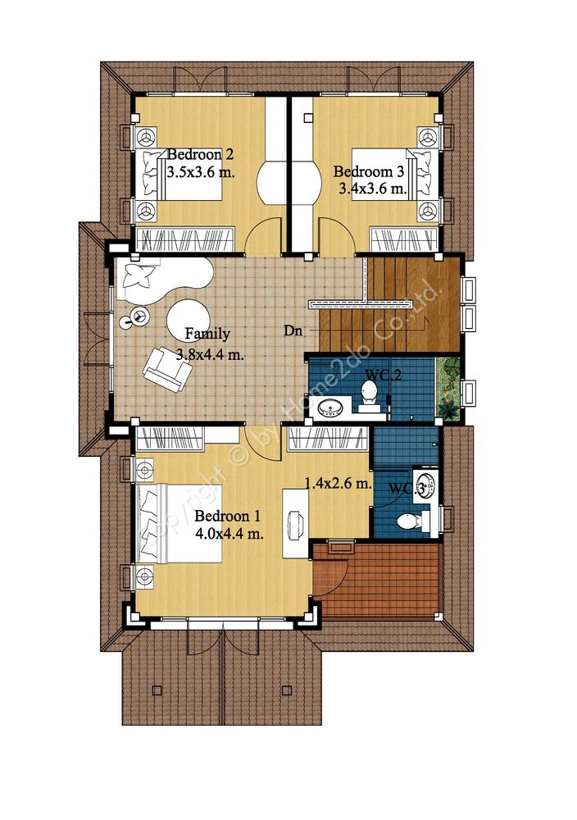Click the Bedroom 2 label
click(x=200, y=155)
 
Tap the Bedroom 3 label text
click(x=369, y=171)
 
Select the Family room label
click(x=207, y=334)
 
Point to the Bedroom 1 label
click(x=227, y=516)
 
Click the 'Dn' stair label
click(x=293, y=330)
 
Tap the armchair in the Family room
click(x=167, y=369)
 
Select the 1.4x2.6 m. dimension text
click(x=338, y=483)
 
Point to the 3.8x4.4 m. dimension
click(x=210, y=354)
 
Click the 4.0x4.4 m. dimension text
click(x=229, y=534)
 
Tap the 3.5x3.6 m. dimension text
click(x=201, y=172)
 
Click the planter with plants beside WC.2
click(x=448, y=389)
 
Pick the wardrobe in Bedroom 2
click(x=184, y=239)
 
